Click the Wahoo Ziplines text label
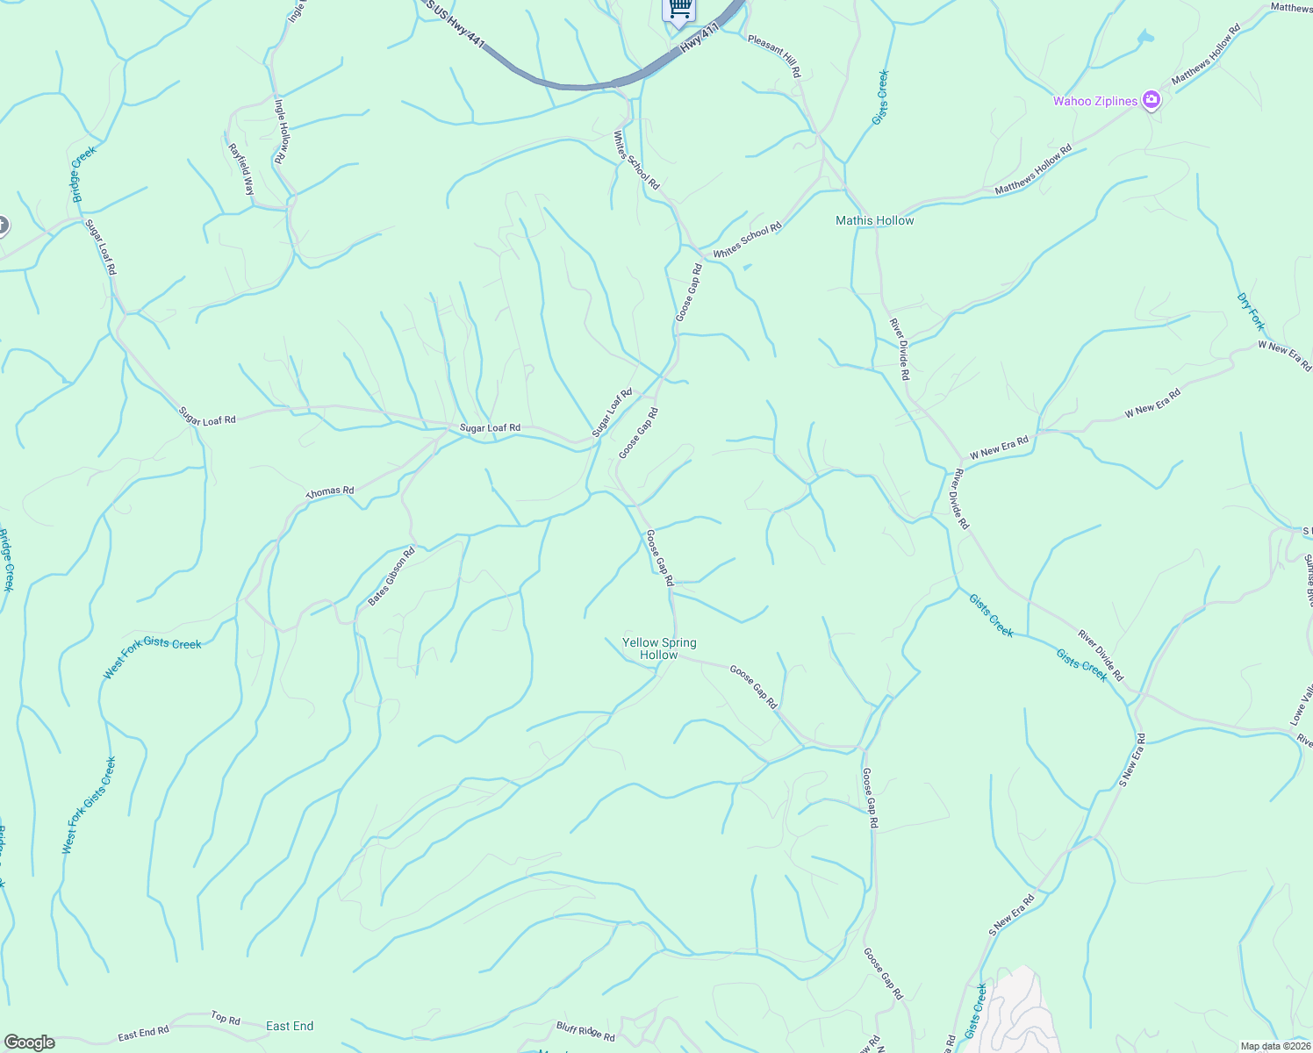(x=1094, y=101)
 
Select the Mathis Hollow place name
(x=874, y=220)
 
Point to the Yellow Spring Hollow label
(x=658, y=648)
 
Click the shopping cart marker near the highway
(x=678, y=9)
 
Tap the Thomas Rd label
(x=330, y=492)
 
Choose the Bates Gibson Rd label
(x=391, y=577)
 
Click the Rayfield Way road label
(x=241, y=169)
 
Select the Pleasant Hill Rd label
(x=774, y=56)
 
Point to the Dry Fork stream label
(x=1251, y=312)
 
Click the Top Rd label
(x=226, y=1019)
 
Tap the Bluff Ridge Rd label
(x=585, y=1031)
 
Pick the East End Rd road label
(x=143, y=1032)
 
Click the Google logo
(x=28, y=1042)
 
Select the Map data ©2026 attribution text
(x=1274, y=1046)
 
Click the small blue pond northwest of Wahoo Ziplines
(x=1144, y=38)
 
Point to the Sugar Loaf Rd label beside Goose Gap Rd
(x=612, y=412)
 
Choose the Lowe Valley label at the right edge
(x=1301, y=702)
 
